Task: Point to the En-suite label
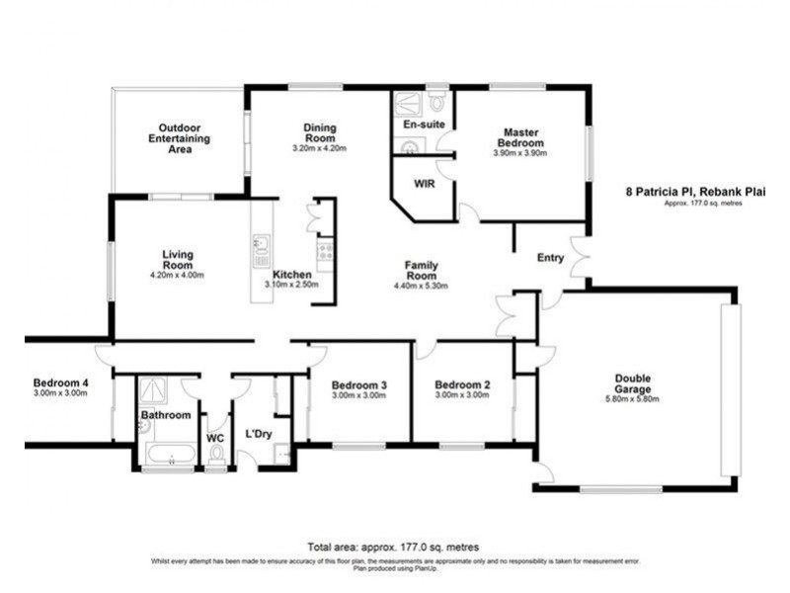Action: point(424,125)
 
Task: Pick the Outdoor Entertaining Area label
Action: point(178,139)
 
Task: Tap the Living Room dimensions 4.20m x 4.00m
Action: point(177,275)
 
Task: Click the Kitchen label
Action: point(292,274)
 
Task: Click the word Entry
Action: point(550,258)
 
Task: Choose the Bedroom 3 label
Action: point(358,384)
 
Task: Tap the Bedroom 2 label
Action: point(462,384)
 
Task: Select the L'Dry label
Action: point(258,434)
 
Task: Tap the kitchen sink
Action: point(261,243)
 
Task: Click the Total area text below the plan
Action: point(394,546)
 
